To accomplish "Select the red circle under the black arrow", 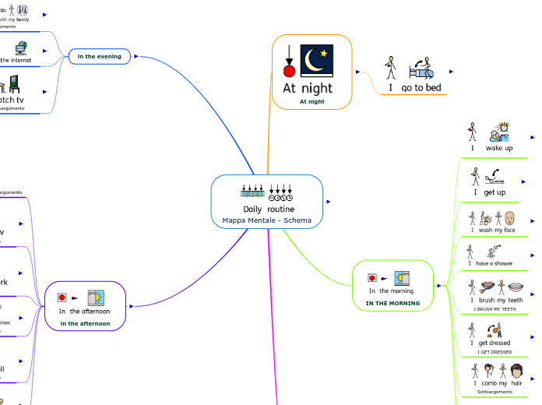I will (x=289, y=72).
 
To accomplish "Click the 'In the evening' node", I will (x=99, y=56).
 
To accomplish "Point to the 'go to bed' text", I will (x=421, y=88).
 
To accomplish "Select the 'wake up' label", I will (x=499, y=148).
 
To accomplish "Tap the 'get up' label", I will (x=495, y=192).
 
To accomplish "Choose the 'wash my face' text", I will (x=497, y=230).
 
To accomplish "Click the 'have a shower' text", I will (x=494, y=264).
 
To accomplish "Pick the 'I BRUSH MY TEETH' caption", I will (x=494, y=309).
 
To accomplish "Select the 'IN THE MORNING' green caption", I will (x=392, y=303).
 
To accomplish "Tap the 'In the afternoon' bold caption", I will (x=85, y=322).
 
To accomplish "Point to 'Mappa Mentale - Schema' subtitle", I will (x=266, y=220).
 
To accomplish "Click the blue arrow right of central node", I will (x=329, y=202).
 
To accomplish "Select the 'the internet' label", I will (x=16, y=59).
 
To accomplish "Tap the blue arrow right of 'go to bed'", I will (x=451, y=72).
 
